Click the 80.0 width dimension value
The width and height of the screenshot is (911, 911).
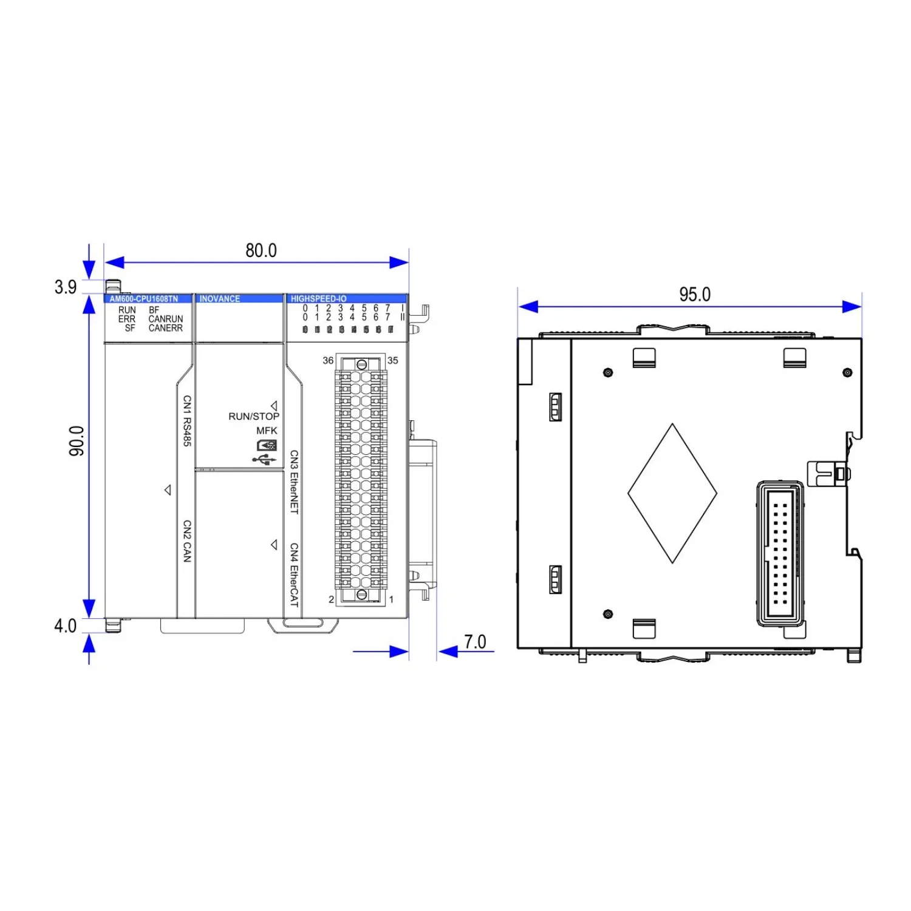pos(261,250)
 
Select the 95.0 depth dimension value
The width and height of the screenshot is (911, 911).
pos(695,295)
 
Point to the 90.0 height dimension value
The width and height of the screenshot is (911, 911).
pos(77,441)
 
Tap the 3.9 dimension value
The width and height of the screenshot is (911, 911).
pos(66,287)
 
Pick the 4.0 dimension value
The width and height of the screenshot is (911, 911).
pos(66,626)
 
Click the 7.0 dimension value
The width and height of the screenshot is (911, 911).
pos(475,641)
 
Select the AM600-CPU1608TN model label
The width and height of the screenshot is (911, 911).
pos(144,299)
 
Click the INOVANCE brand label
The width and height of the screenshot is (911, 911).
pos(220,299)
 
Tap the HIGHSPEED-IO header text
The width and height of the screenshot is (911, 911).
pos(318,299)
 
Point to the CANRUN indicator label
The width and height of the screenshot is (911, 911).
pos(166,319)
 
